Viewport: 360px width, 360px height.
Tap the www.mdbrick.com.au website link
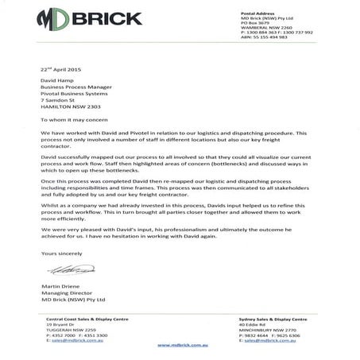point(183,346)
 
